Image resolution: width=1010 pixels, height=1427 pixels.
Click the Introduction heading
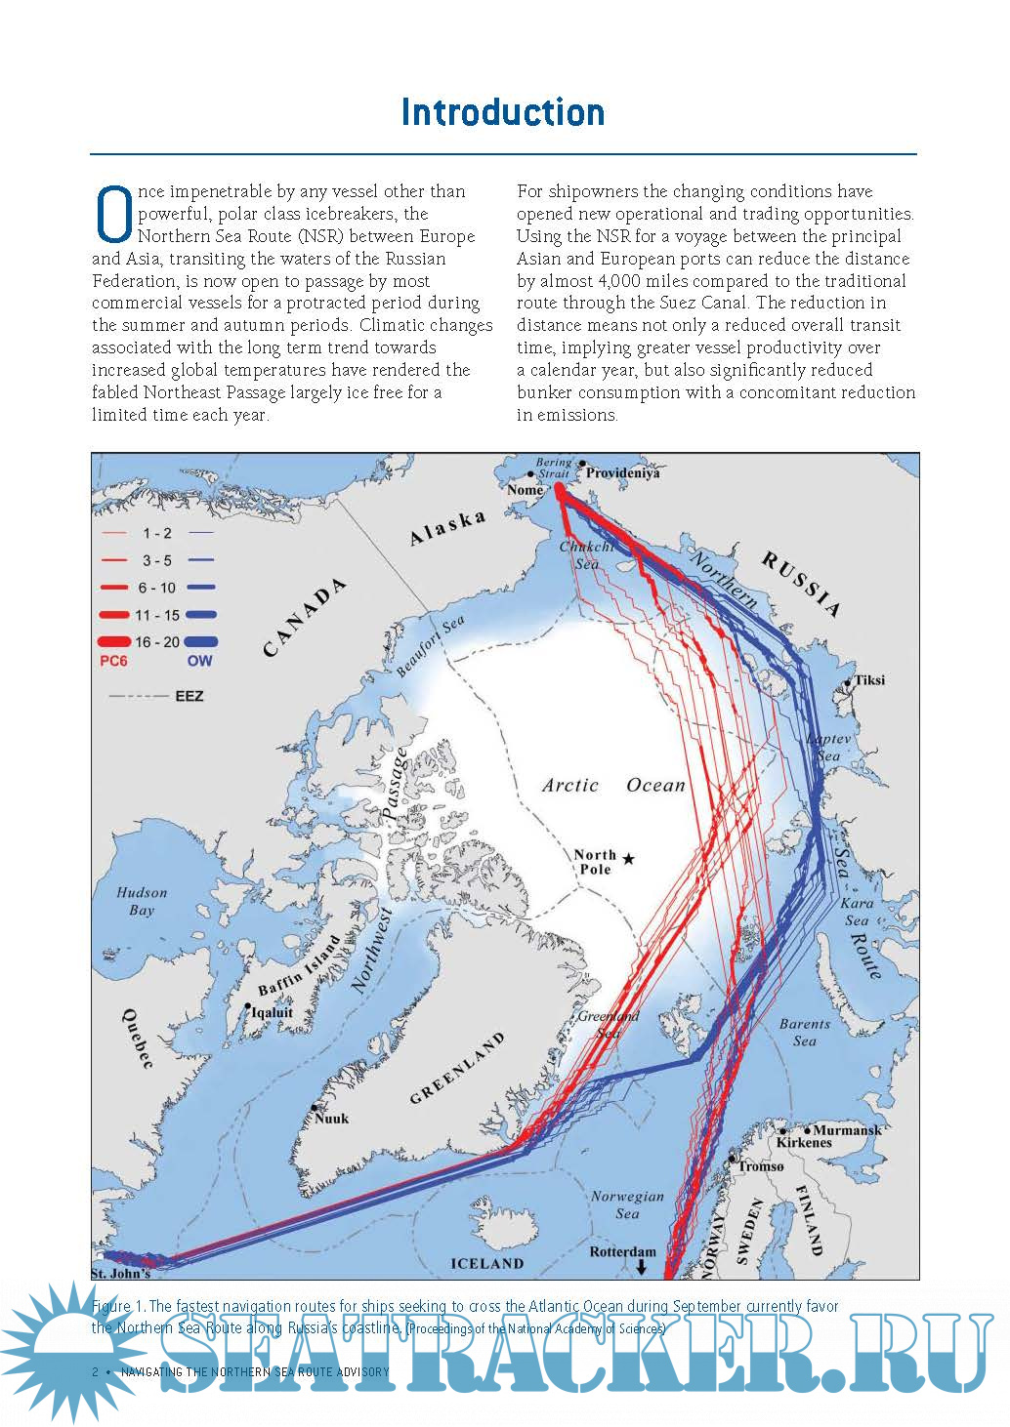503,112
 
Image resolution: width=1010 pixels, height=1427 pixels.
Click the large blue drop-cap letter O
113,215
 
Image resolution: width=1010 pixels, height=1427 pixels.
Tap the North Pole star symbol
629,858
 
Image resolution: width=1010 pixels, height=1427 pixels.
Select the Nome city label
525,489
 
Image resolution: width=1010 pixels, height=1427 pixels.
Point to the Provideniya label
623,472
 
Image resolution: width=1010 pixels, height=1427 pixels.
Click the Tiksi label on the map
869,679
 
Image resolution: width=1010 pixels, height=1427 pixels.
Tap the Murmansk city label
846,1129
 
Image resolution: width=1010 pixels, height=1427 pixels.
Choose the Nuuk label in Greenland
332,1119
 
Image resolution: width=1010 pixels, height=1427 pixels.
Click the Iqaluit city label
273,1012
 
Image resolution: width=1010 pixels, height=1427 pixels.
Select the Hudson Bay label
142,901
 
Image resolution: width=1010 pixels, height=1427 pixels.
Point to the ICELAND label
486,1263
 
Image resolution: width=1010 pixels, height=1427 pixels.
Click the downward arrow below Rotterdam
641,1267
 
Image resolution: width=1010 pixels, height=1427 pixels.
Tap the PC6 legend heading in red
113,661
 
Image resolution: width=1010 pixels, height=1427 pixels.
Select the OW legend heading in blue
199,661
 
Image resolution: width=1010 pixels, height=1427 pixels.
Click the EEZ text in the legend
189,696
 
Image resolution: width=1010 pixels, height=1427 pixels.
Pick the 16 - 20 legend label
157,642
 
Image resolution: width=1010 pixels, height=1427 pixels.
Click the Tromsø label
761,1165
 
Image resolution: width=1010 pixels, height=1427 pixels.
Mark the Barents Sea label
805,1033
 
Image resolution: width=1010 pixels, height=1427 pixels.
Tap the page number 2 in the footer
95,1371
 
